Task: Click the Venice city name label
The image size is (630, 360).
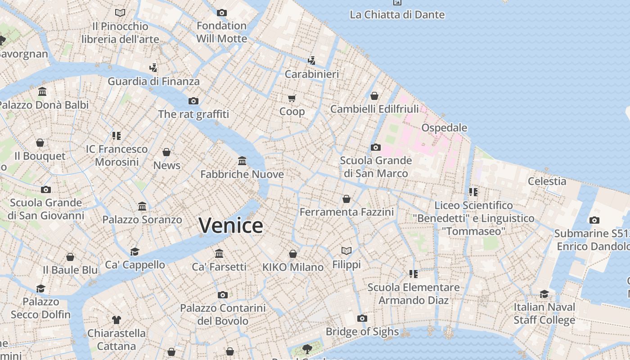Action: (x=231, y=225)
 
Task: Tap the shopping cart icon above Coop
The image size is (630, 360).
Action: (x=292, y=98)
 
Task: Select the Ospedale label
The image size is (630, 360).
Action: (x=444, y=128)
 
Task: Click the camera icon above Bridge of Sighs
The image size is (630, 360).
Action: (x=362, y=319)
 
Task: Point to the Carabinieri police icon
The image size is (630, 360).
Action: (x=311, y=60)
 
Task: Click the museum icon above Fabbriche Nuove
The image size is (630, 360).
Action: (x=242, y=161)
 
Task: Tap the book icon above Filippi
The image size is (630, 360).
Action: (x=346, y=251)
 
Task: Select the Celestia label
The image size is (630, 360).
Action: (x=547, y=181)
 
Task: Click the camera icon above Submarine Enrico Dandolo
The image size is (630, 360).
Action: (x=594, y=220)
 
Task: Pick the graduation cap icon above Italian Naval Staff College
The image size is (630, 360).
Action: (x=544, y=294)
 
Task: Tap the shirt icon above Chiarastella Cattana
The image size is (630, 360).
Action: (x=117, y=320)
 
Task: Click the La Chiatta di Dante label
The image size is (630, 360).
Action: (x=397, y=14)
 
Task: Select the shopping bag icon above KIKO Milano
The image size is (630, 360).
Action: (x=293, y=254)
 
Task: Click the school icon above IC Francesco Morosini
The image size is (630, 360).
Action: (x=117, y=135)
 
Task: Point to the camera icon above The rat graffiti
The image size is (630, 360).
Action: (x=193, y=101)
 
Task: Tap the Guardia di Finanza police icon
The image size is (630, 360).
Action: (x=153, y=68)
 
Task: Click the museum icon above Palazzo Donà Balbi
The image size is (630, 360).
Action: (x=42, y=91)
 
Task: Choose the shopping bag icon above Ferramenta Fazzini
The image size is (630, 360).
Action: (x=346, y=198)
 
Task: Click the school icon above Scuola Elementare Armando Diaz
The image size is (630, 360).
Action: (x=414, y=274)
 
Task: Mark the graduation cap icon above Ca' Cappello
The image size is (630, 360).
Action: (x=135, y=251)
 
